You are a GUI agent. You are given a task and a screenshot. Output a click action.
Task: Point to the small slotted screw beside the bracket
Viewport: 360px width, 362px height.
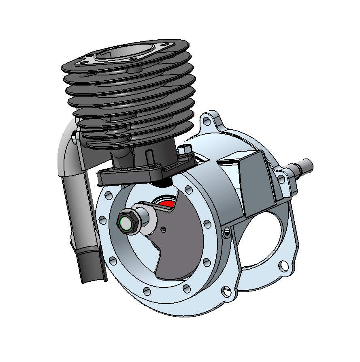[x=227, y=231]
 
